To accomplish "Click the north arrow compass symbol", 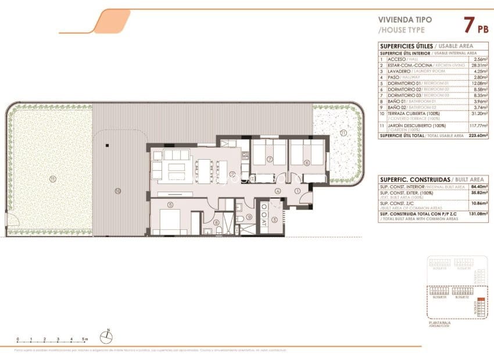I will pyautogui.click(x=108, y=334).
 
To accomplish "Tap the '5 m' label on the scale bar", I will pyautogui.click(x=85, y=339).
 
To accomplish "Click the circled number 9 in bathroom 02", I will pyautogui.click(x=249, y=218).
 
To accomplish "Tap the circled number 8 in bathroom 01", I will pyautogui.click(x=216, y=222).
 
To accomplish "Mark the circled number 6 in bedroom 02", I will pyautogui.click(x=306, y=163).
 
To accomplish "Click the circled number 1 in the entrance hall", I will pyautogui.click(x=297, y=190).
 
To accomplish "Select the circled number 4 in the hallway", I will pyautogui.click(x=278, y=190).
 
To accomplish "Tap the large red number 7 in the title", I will pyautogui.click(x=468, y=25).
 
